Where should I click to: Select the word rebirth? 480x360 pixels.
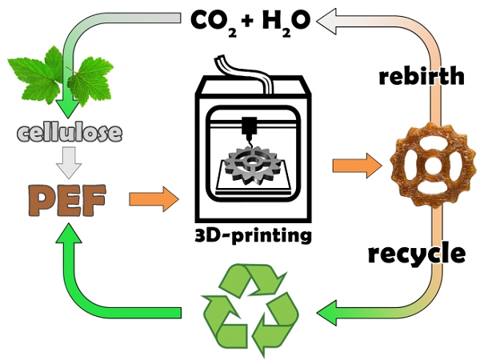(x=422, y=77)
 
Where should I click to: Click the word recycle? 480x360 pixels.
(x=416, y=254)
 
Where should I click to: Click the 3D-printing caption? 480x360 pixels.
(x=254, y=236)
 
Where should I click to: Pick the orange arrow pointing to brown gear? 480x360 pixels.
(x=357, y=166)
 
